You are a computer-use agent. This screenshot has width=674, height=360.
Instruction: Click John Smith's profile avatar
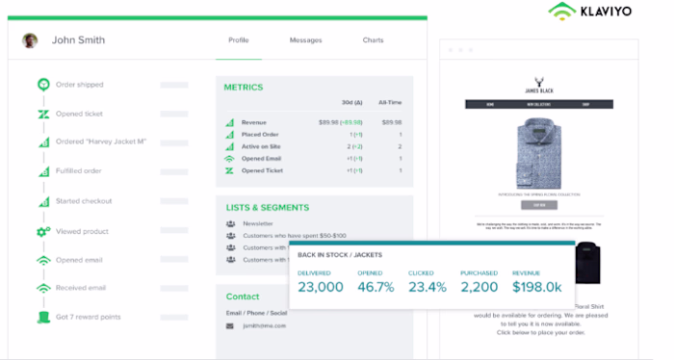tap(31, 40)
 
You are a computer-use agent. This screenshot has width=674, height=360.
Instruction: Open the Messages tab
tap(305, 40)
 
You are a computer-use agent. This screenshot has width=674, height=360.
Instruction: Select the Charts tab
tap(373, 40)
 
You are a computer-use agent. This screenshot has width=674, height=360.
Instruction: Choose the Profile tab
tap(239, 40)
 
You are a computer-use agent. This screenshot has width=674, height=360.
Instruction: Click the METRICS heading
tap(244, 88)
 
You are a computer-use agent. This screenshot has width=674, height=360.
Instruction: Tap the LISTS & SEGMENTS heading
tap(267, 207)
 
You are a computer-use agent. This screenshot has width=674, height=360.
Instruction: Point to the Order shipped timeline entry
tap(78, 84)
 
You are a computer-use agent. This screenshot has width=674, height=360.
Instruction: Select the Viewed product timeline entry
tap(83, 231)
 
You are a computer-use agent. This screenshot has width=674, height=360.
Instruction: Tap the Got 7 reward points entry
tap(89, 317)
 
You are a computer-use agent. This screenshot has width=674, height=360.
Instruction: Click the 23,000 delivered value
tap(320, 287)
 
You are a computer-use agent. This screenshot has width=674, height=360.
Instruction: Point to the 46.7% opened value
tap(376, 287)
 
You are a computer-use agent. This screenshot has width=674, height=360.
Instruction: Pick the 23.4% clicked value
tap(428, 287)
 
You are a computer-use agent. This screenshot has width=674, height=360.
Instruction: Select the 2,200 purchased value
tap(480, 287)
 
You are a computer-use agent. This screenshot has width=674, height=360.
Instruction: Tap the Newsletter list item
tap(259, 223)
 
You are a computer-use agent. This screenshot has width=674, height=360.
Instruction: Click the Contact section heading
tap(243, 296)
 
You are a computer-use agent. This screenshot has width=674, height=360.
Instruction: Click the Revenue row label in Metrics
tap(254, 122)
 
